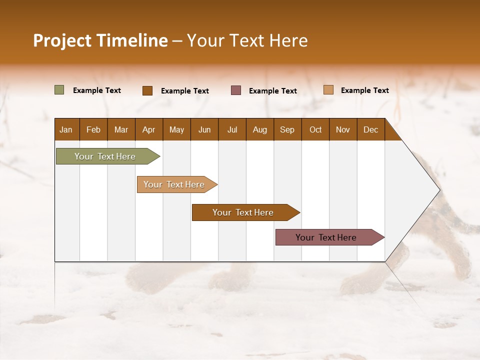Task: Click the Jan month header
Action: click(x=66, y=129)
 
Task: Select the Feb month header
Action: click(x=93, y=129)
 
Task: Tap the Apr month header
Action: click(x=148, y=129)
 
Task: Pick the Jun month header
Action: click(x=204, y=129)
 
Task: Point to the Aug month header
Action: click(x=259, y=129)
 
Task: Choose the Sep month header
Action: click(x=287, y=129)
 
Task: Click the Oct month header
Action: click(x=315, y=129)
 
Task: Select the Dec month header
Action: click(x=370, y=129)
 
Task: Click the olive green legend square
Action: click(x=59, y=90)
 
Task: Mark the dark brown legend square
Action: click(x=147, y=90)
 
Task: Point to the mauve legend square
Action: click(x=236, y=90)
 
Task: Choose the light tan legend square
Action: click(x=328, y=90)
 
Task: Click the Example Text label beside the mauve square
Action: click(x=272, y=91)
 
